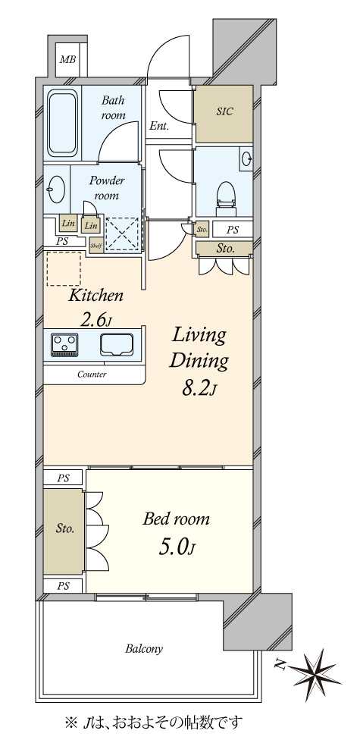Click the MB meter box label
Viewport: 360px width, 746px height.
tap(67, 60)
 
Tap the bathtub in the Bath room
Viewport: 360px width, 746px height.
tap(62, 122)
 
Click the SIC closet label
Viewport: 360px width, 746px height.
tap(225, 111)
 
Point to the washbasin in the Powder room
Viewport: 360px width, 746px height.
tap(58, 190)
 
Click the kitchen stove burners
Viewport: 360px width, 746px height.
tap(64, 344)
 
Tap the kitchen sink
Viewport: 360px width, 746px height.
tap(117, 344)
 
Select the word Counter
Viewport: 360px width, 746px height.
tap(92, 375)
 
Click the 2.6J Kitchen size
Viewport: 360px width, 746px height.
tap(95, 320)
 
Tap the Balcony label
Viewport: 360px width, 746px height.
tap(144, 648)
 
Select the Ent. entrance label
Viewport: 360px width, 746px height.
tap(160, 127)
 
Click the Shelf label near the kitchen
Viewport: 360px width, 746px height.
tap(96, 246)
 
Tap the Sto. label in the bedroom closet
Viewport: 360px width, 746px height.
tap(64, 528)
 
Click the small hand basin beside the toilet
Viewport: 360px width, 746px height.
tap(246, 158)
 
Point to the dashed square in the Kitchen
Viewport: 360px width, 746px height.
tap(64, 269)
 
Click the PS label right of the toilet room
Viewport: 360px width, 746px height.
tap(232, 230)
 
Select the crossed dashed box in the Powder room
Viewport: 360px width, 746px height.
tap(123, 234)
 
